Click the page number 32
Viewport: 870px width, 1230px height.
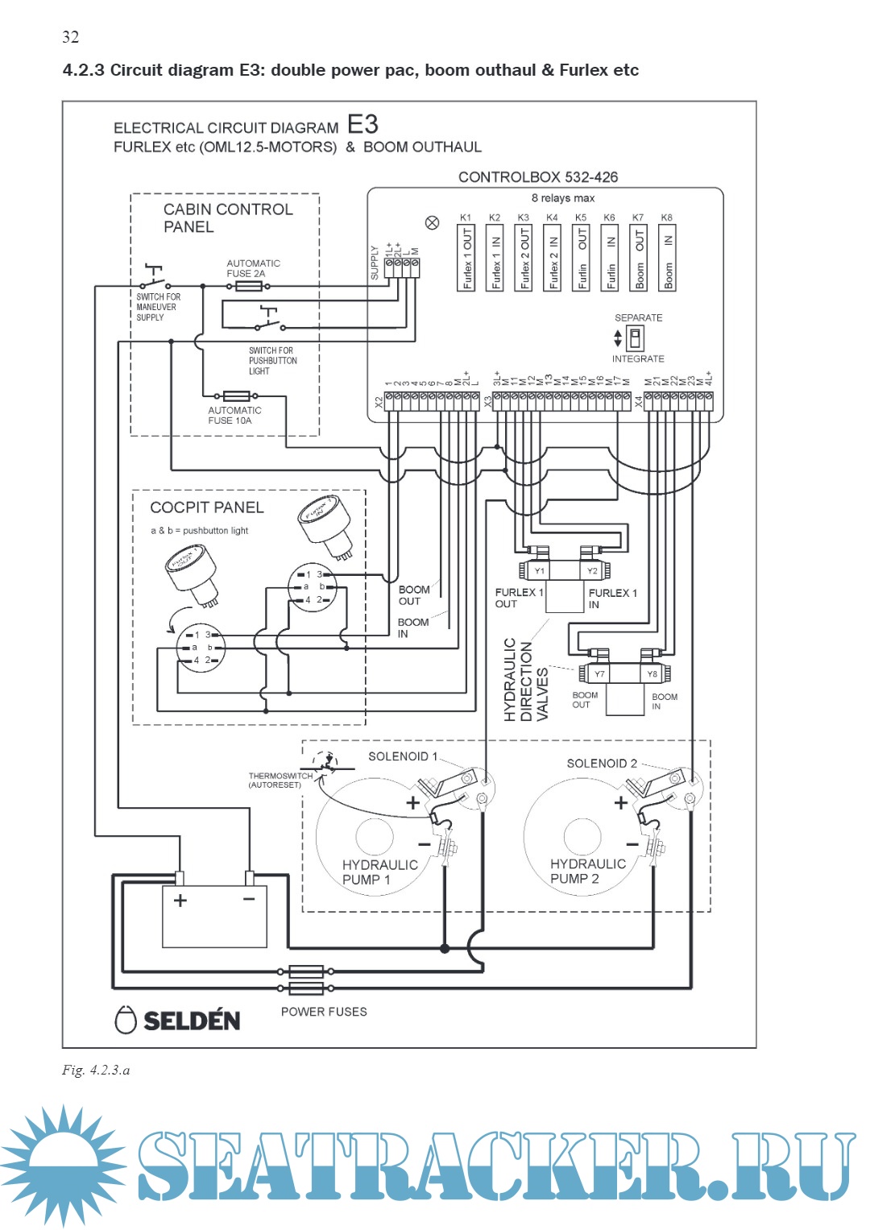(71, 37)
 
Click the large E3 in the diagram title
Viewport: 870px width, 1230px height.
(362, 125)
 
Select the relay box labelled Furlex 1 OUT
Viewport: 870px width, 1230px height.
(466, 258)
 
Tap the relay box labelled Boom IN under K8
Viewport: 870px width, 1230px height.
(668, 258)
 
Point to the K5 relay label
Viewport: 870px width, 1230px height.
(581, 217)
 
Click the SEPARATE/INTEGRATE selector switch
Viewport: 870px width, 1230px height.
(635, 338)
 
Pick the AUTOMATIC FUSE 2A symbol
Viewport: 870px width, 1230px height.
(246, 286)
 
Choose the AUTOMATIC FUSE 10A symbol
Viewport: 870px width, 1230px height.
(236, 396)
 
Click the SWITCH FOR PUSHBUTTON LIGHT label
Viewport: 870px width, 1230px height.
(272, 361)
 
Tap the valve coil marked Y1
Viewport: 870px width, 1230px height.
(539, 571)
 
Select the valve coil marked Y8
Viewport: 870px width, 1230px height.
(652, 673)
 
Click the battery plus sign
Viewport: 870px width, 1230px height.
(180, 901)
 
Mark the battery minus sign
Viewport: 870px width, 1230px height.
(249, 899)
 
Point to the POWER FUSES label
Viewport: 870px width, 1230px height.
(324, 1012)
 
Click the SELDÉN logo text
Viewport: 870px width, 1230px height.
(191, 1021)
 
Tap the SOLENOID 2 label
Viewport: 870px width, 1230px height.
(602, 764)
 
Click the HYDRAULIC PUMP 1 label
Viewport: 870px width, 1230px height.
(379, 872)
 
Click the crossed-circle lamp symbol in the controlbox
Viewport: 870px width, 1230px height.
(433, 223)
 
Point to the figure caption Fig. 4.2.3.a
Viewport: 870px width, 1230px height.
(96, 1070)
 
